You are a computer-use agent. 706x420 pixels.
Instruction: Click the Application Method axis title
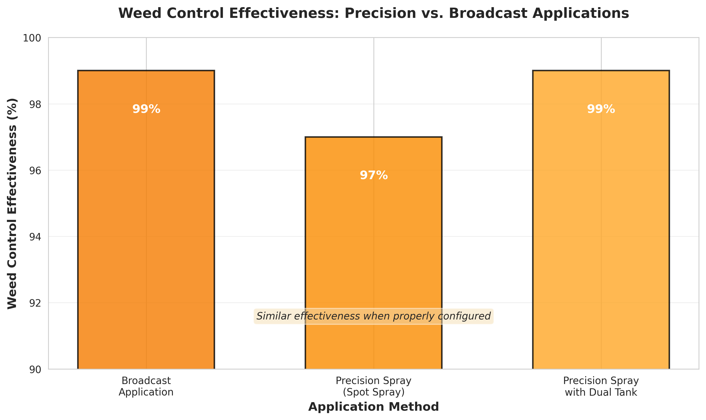[x=373, y=407]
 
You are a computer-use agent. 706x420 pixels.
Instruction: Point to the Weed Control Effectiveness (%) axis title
[x=12, y=203]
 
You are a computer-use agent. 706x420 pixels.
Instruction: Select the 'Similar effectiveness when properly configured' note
[x=373, y=316]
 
